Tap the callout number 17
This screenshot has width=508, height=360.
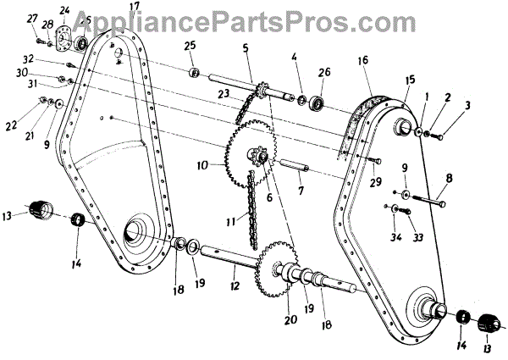135,7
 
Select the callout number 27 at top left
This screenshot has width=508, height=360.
32,17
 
